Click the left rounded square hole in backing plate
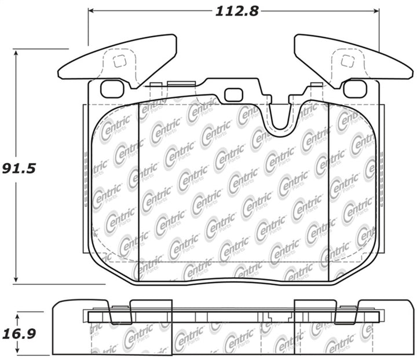(112, 89)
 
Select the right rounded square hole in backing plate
(354, 89)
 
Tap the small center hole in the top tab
(233, 94)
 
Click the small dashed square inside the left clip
(119, 61)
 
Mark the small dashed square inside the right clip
(347, 61)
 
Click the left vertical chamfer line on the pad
(139, 191)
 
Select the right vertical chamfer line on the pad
(328, 191)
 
